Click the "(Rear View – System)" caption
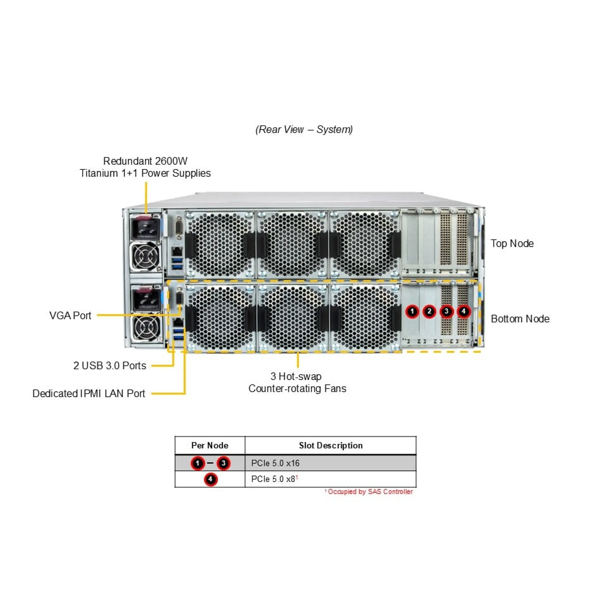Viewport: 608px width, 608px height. pyautogui.click(x=304, y=129)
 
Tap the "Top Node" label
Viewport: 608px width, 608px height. pyautogui.click(x=512, y=243)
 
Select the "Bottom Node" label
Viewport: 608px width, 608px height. pyautogui.click(x=520, y=319)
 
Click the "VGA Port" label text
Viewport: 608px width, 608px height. pyautogui.click(x=70, y=315)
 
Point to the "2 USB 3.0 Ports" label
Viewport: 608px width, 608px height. pyautogui.click(x=110, y=365)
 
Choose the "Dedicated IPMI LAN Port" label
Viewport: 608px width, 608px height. pyautogui.click(x=89, y=393)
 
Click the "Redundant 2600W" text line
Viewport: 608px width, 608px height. pyautogui.click(x=145, y=161)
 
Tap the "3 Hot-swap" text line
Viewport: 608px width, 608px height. pyautogui.click(x=296, y=376)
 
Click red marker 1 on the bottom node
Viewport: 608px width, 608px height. pyautogui.click(x=412, y=311)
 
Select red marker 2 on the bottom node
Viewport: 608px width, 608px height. pyautogui.click(x=429, y=311)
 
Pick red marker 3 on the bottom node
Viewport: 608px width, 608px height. pyautogui.click(x=446, y=311)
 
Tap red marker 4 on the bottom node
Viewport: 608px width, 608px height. pyautogui.click(x=464, y=311)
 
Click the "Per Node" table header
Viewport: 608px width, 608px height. pyautogui.click(x=210, y=445)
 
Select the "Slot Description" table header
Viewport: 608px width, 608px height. pyautogui.click(x=331, y=445)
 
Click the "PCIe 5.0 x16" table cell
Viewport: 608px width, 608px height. pyautogui.click(x=275, y=463)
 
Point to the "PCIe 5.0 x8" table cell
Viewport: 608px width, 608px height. pyautogui.click(x=273, y=479)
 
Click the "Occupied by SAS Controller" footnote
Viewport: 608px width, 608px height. pyautogui.click(x=370, y=491)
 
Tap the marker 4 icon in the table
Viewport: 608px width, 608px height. pyautogui.click(x=210, y=479)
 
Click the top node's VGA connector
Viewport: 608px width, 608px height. pyautogui.click(x=178, y=228)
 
